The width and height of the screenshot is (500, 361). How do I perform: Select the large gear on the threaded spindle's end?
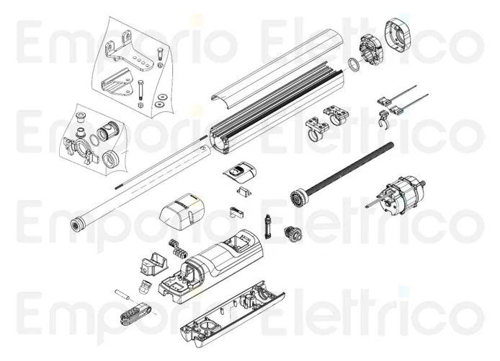click(x=298, y=199)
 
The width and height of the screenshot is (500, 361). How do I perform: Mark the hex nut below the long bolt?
click(x=140, y=106)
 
